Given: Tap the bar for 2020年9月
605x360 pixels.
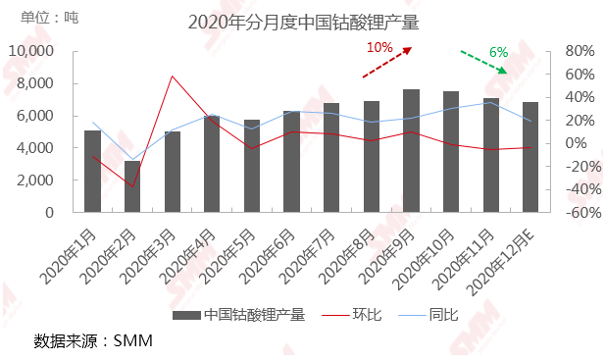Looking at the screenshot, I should coord(412,151).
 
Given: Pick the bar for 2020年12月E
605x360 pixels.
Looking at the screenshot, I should coord(530,157).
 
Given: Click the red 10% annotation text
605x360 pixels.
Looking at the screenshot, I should coord(379,46).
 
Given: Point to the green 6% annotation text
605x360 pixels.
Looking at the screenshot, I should coord(497,51).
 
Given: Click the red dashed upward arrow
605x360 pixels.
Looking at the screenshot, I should coord(386,62).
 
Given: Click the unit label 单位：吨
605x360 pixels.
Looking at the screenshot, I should coord(57,18).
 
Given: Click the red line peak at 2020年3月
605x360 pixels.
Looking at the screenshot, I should coord(173,76).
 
